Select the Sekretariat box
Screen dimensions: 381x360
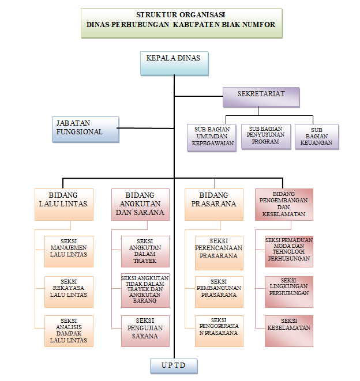tap(261, 97)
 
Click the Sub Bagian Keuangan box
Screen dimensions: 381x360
tap(317, 137)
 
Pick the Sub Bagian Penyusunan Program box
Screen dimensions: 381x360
tap(266, 137)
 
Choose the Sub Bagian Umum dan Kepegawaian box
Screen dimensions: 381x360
tap(212, 137)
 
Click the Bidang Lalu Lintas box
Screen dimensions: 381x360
tap(63, 204)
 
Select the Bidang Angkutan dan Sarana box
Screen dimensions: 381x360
tap(140, 204)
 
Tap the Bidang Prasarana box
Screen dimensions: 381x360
tap(213, 204)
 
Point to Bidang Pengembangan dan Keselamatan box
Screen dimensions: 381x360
tap(284, 204)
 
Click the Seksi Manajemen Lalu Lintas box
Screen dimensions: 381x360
tap(69, 251)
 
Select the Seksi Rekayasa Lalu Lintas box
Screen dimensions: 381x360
tap(69, 292)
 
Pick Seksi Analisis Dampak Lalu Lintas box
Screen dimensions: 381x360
tap(69, 331)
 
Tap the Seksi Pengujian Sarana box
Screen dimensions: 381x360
tap(145, 331)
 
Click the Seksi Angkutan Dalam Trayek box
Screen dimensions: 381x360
tap(145, 251)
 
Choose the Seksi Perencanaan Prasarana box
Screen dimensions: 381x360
tap(219, 251)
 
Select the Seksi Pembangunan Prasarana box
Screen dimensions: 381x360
tap(219, 292)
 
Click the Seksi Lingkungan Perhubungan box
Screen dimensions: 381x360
tap(288, 292)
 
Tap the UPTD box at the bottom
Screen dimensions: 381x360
tap(174, 366)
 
